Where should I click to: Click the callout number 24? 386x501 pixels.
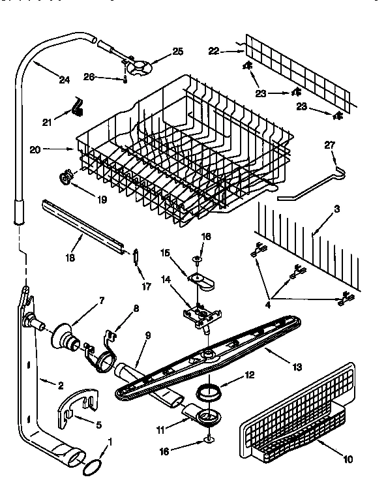(63, 80)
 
